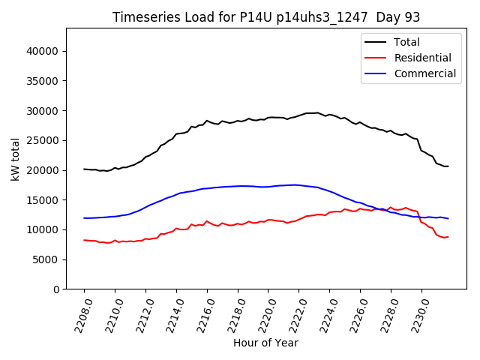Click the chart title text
(266, 17)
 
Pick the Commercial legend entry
(424, 73)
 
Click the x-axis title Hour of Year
(265, 343)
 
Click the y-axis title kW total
(16, 159)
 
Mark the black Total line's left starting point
(84, 169)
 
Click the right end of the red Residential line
(448, 237)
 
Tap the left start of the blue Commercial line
(84, 218)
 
